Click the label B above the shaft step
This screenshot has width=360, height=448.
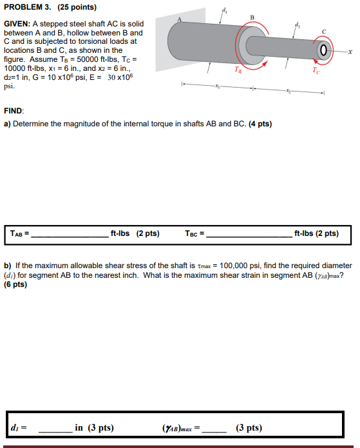coord(252,17)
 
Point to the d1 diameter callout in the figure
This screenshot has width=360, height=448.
coord(223,9)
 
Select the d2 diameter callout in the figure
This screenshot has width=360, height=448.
coord(297,25)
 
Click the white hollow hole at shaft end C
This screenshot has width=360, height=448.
coord(323,50)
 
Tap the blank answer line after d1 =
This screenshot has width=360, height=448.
coord(55,428)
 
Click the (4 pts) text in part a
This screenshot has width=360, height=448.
coord(260,124)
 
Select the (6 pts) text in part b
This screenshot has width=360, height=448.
coord(16,284)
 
